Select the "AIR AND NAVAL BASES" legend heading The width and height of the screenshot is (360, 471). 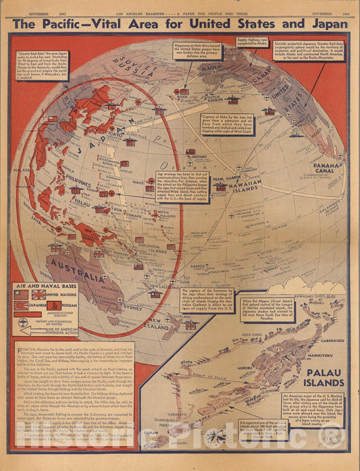point(45,285)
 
